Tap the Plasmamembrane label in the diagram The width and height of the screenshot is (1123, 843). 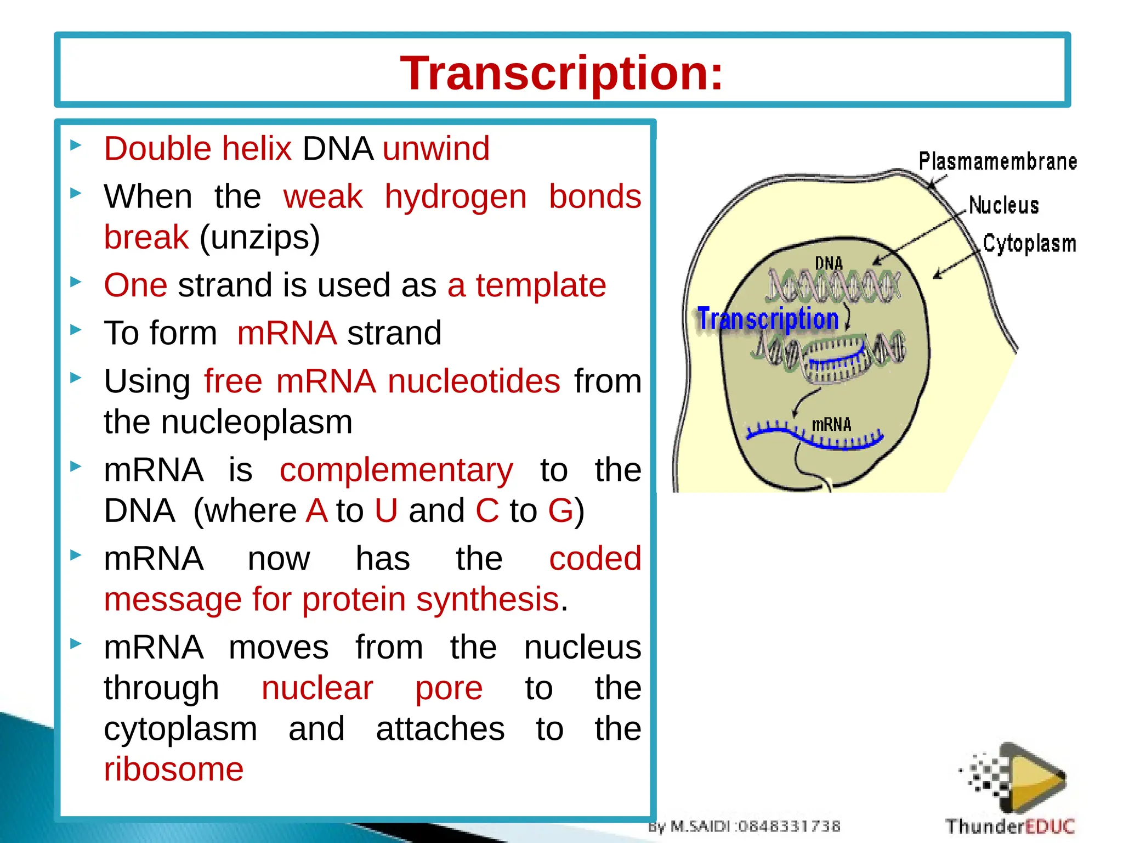pyautogui.click(x=997, y=162)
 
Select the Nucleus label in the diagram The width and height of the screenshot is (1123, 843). pyautogui.click(x=1003, y=205)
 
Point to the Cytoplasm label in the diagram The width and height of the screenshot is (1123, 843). pyautogui.click(x=1029, y=244)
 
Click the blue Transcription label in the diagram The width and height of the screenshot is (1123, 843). pyautogui.click(x=768, y=319)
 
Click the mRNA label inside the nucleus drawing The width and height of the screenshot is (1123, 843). pyautogui.click(x=831, y=425)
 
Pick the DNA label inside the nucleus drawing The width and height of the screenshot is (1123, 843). pyautogui.click(x=829, y=263)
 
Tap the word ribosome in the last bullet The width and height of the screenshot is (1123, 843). pyautogui.click(x=174, y=769)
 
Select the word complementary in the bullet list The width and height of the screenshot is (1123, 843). pyautogui.click(x=396, y=470)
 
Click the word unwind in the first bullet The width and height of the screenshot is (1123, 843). pyautogui.click(x=436, y=149)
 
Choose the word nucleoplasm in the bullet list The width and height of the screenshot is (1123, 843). pyautogui.click(x=256, y=422)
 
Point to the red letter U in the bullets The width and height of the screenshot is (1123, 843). pyautogui.click(x=386, y=511)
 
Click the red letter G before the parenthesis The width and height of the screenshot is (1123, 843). pyautogui.click(x=560, y=511)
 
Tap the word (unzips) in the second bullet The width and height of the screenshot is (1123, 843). pyautogui.click(x=259, y=238)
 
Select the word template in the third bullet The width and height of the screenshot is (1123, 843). pyautogui.click(x=541, y=285)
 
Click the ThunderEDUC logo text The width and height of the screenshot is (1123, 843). pyautogui.click(x=1009, y=825)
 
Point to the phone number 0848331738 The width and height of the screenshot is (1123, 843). pyautogui.click(x=790, y=826)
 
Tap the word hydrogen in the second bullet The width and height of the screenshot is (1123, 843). pyautogui.click(x=455, y=197)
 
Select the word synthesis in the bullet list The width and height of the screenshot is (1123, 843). pyautogui.click(x=487, y=599)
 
